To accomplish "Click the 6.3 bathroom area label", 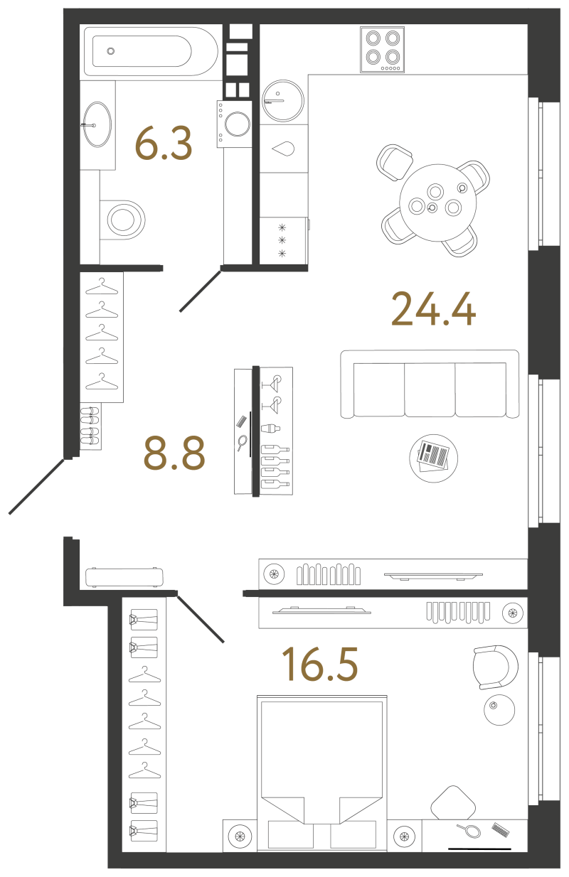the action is [x=164, y=144].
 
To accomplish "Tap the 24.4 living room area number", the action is [x=433, y=309].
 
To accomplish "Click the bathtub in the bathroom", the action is [x=151, y=51].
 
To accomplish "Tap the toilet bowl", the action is [x=122, y=219].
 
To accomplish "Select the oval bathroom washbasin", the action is [x=97, y=124].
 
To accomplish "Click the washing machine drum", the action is [x=237, y=124].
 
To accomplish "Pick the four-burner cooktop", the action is [x=382, y=50].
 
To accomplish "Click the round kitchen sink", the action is [x=282, y=101].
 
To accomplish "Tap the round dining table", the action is [x=438, y=203].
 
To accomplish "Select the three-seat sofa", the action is [x=430, y=384].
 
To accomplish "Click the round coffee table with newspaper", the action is [x=433, y=458].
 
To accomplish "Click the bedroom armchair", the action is [x=495, y=667].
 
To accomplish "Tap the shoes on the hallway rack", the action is [x=90, y=425].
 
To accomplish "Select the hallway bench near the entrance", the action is [x=124, y=578].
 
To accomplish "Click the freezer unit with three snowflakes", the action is [x=282, y=240].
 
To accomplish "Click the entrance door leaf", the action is [x=36, y=486].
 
